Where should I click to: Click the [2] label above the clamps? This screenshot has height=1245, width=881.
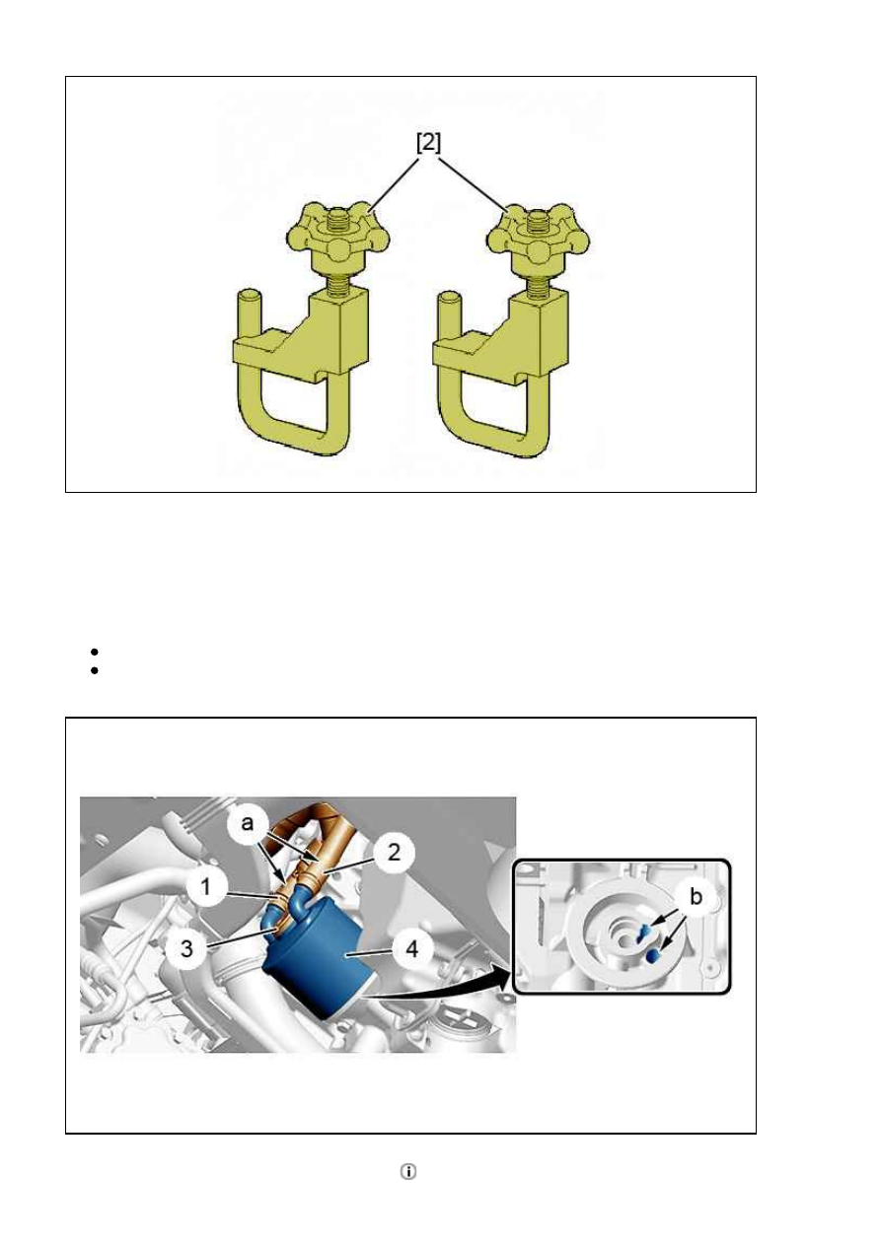[x=429, y=143]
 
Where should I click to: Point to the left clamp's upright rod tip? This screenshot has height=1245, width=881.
[x=250, y=296]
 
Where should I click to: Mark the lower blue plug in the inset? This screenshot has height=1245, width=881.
[x=652, y=953]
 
